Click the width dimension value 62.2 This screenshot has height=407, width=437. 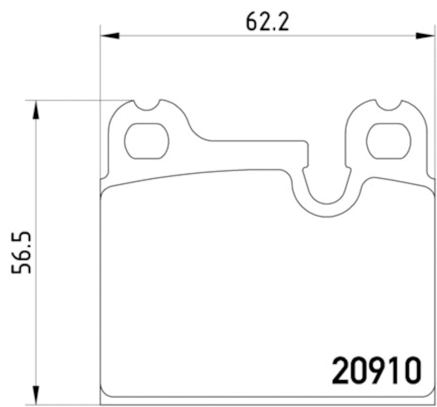(267, 21)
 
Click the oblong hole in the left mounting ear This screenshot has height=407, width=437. (146, 141)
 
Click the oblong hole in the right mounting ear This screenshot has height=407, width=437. (388, 141)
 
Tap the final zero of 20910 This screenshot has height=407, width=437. (412, 370)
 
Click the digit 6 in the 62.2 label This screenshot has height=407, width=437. (252, 21)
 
